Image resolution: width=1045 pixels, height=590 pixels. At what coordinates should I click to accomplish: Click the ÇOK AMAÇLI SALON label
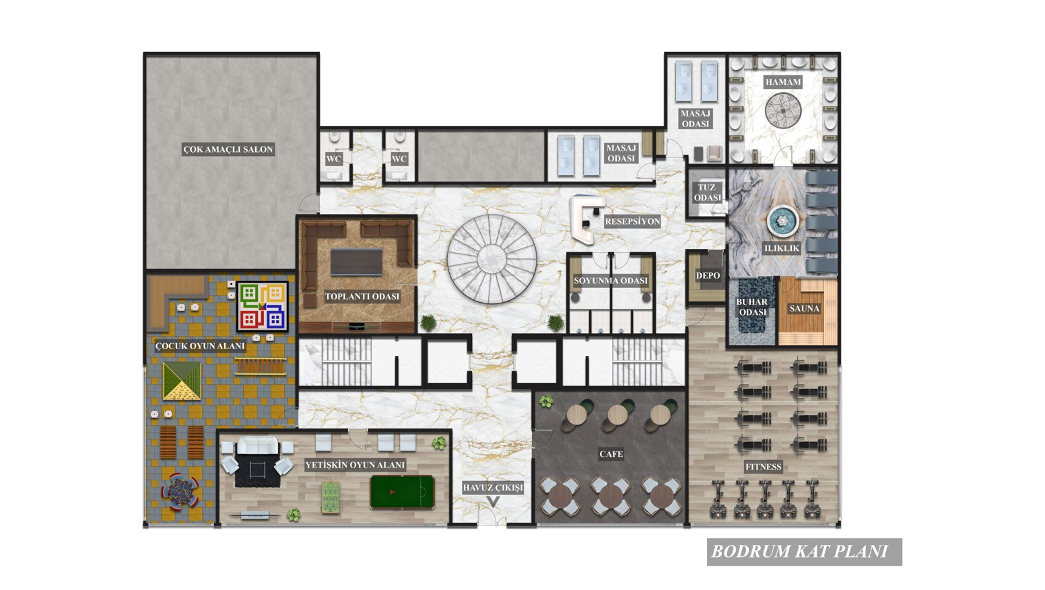[x=228, y=149]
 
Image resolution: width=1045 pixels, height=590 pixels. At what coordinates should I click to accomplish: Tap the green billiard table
[x=402, y=492]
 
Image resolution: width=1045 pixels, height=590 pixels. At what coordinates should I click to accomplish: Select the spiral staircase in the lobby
[x=492, y=259]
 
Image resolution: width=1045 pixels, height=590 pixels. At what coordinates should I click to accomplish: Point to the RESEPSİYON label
[x=633, y=221]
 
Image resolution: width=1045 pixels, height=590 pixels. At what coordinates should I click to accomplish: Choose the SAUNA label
[x=804, y=309]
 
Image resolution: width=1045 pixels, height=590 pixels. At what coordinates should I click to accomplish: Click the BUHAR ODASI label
[x=752, y=307]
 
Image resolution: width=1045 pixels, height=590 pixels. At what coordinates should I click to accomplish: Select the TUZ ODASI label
[x=707, y=192]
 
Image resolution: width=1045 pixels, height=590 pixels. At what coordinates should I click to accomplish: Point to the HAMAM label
[x=783, y=82]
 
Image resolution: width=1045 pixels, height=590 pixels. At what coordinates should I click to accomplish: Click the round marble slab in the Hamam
[x=783, y=110]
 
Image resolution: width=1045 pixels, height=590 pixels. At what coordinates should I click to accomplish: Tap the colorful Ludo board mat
[x=262, y=307]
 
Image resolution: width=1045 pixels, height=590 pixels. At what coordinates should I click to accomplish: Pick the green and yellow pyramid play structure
[x=182, y=381]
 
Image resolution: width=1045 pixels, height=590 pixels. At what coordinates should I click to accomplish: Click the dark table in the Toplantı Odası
[x=356, y=262]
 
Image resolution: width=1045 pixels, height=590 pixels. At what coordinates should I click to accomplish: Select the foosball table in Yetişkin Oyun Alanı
[x=331, y=498]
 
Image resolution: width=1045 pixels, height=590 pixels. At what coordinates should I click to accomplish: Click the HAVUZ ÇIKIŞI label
[x=493, y=488]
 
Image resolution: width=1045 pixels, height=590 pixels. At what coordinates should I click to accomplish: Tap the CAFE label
[x=611, y=454]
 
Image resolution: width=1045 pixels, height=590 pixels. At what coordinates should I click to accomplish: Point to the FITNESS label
[x=764, y=466]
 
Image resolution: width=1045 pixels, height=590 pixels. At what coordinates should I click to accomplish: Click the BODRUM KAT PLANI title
[x=800, y=552]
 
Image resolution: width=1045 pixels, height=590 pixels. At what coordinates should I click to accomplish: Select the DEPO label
[x=708, y=275]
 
